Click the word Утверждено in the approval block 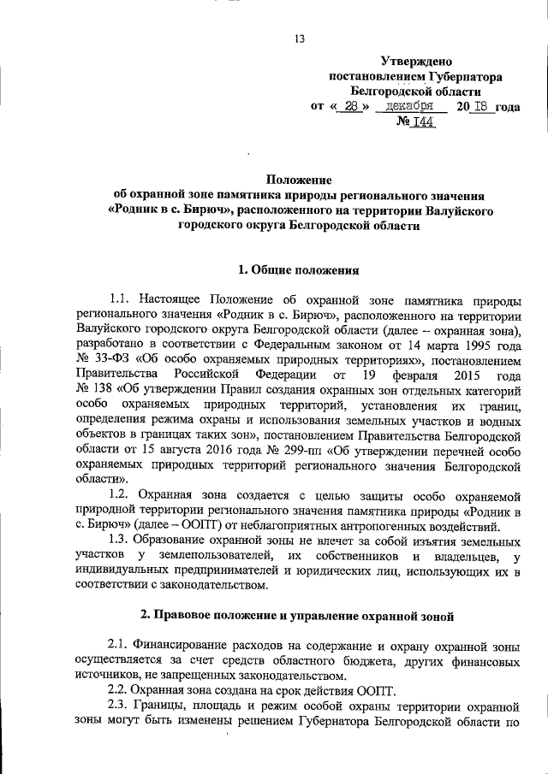click(x=415, y=61)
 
